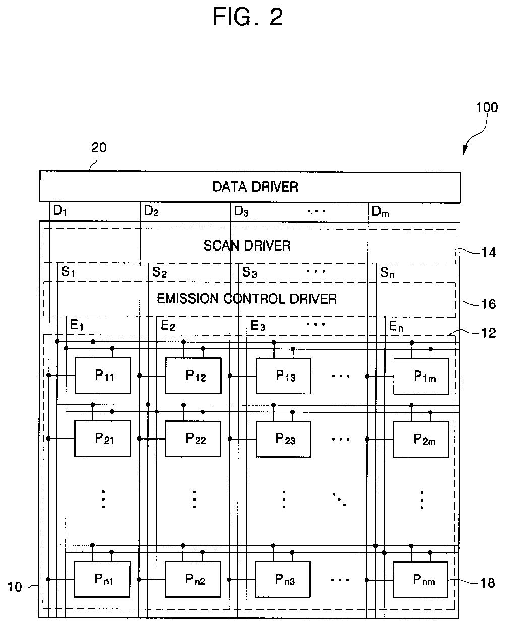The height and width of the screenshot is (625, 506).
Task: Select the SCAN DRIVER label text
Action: pos(247,246)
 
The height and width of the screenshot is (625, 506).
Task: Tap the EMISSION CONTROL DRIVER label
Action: pos(247,299)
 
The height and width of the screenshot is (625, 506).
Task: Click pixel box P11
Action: pos(103,376)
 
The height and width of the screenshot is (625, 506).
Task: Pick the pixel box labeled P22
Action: pos(194,439)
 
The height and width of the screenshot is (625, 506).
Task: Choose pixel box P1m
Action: pos(421,376)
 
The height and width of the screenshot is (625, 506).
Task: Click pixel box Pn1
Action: pos(103,579)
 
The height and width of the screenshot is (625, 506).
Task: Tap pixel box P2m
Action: pos(421,439)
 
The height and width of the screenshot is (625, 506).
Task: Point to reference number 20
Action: pos(99,148)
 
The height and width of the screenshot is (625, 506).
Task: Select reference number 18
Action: pos(487,583)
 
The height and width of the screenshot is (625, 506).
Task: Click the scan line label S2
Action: pos(159,273)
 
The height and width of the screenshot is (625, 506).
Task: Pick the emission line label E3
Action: pos(258,326)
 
